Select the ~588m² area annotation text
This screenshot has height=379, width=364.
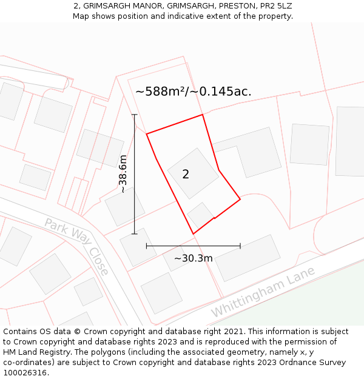point(194,92)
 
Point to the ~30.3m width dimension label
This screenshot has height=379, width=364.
point(194,258)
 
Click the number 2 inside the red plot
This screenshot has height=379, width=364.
point(186,175)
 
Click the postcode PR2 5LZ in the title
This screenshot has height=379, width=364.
point(275,6)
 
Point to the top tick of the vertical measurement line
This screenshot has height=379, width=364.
point(135,115)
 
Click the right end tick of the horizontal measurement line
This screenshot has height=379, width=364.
point(240,246)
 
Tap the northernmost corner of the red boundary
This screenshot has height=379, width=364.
point(203,115)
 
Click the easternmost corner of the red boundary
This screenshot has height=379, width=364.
point(240,198)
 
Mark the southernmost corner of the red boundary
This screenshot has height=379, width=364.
point(194,233)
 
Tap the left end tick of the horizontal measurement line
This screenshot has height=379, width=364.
point(147,246)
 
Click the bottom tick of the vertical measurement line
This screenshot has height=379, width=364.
point(135,233)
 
